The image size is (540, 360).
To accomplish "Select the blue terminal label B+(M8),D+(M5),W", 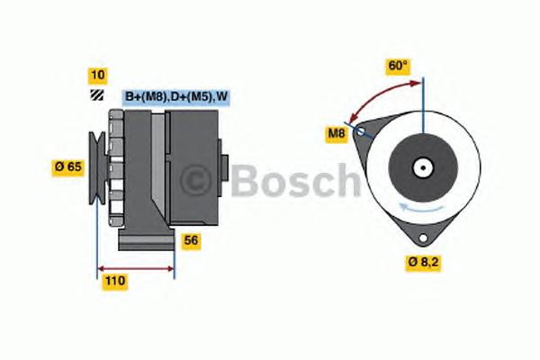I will click(175, 96).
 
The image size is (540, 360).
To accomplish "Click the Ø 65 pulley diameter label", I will click(69, 166).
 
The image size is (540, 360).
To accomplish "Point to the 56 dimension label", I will click(191, 240).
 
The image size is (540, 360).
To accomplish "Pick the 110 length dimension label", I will click(114, 282).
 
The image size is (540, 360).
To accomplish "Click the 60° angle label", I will click(397, 66).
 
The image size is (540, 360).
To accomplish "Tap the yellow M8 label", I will click(336, 135).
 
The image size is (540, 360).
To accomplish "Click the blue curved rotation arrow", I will click(423, 210).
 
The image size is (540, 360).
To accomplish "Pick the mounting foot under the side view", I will click(146, 241).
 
